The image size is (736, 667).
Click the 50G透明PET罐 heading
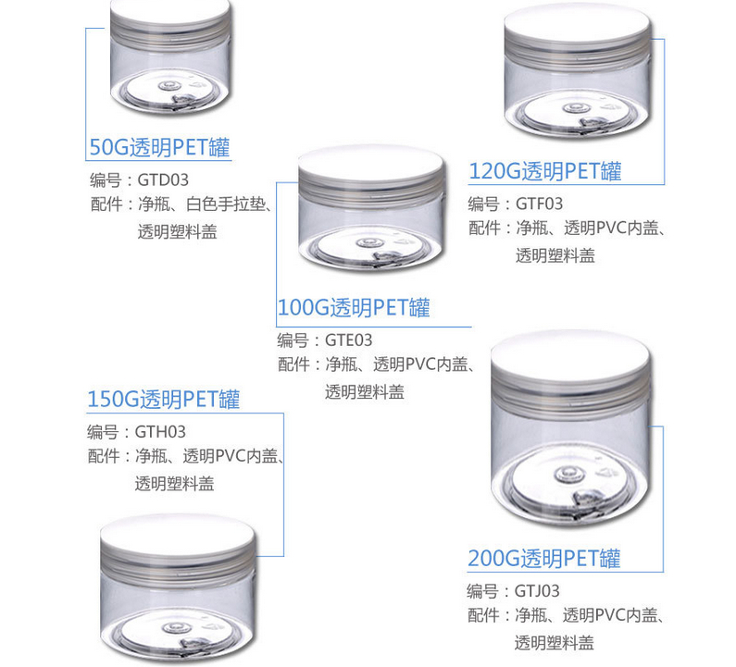pyautogui.click(x=158, y=146)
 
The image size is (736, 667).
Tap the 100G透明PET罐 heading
pyautogui.click(x=354, y=307)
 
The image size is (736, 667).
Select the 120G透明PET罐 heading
pyautogui.click(x=545, y=170)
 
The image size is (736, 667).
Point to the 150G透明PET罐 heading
pyautogui.click(x=163, y=400)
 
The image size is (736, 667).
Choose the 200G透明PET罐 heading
pyautogui.click(x=543, y=558)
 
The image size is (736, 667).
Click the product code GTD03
pyautogui.click(x=161, y=179)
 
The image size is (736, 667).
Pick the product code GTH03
pyautogui.click(x=160, y=431)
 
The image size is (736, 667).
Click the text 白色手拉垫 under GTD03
pyautogui.click(x=226, y=204)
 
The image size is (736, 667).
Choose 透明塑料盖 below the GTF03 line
pyautogui.click(x=555, y=255)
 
